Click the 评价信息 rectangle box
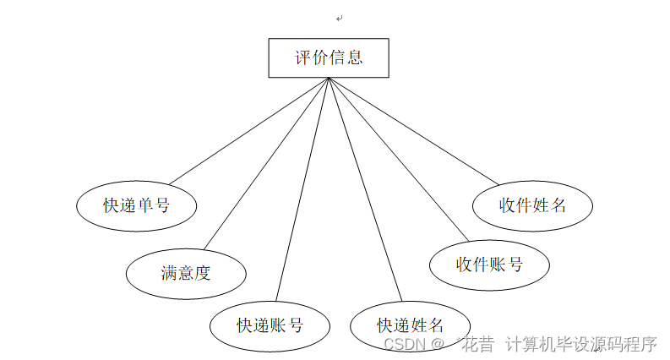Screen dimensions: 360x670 [329, 58]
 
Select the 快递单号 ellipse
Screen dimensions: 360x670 [136, 205]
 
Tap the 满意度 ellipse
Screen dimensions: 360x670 [186, 272]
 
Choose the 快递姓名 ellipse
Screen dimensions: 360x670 [410, 325]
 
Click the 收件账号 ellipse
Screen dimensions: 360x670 [489, 265]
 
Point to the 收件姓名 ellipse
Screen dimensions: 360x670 [532, 205]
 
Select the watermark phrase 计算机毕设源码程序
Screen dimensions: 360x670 [581, 344]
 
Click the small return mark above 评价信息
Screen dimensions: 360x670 [339, 18]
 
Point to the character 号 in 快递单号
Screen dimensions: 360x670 [162, 205]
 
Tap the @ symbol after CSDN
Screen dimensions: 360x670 [438, 345]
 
